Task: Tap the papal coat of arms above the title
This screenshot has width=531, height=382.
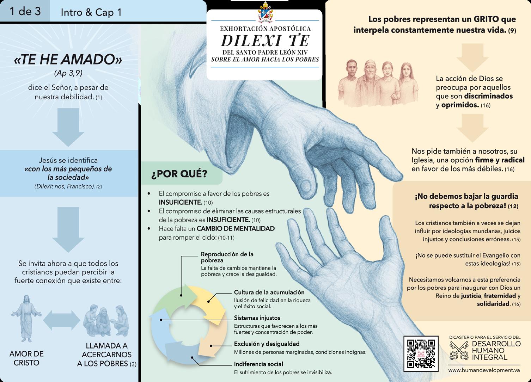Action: tap(265, 13)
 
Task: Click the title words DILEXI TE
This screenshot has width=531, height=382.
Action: tap(265, 41)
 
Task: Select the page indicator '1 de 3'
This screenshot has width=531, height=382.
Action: tap(25, 11)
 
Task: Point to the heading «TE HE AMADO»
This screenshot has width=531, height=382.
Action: tap(68, 60)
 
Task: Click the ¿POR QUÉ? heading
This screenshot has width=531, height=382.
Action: tap(179, 174)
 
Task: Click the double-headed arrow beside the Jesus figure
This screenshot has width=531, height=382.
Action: tap(62, 320)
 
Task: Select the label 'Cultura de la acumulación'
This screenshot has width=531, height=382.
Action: tap(269, 292)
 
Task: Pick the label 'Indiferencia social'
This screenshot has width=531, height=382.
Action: tap(258, 364)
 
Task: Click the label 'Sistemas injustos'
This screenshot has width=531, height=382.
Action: tap(257, 318)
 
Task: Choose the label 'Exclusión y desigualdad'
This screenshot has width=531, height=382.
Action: tap(267, 344)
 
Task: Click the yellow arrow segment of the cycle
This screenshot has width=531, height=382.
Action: tap(210, 300)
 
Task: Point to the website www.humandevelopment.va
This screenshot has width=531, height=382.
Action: tap(484, 370)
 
